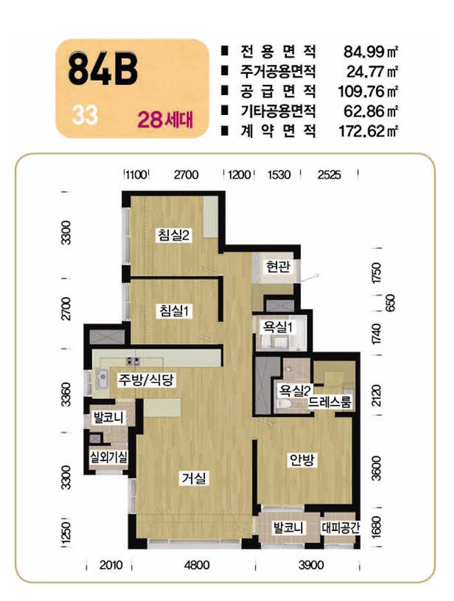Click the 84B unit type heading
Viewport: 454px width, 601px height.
[x=103, y=70]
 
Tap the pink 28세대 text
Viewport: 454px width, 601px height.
[x=165, y=120]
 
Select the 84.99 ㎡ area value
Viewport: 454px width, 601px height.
[x=370, y=52]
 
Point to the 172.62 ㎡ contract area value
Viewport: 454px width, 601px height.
[x=368, y=131]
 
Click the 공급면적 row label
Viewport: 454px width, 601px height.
[x=278, y=91]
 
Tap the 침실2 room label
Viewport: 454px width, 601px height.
[x=174, y=234]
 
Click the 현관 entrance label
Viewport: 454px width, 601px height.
[x=278, y=267]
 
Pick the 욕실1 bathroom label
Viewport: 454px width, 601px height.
[x=277, y=327]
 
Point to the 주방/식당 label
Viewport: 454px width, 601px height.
[x=146, y=380]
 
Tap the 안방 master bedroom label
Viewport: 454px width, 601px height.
[x=302, y=460]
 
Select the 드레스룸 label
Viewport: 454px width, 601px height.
[x=330, y=402]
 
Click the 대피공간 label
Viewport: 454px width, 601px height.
[x=340, y=528]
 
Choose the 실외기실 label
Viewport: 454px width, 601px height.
[x=108, y=456]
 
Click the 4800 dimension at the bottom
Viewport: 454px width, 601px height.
[x=197, y=565]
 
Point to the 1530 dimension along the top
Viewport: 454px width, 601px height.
[x=279, y=175]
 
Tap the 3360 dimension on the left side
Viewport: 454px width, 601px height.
[x=66, y=394]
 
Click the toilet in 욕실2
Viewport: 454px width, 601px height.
[x=284, y=405]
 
